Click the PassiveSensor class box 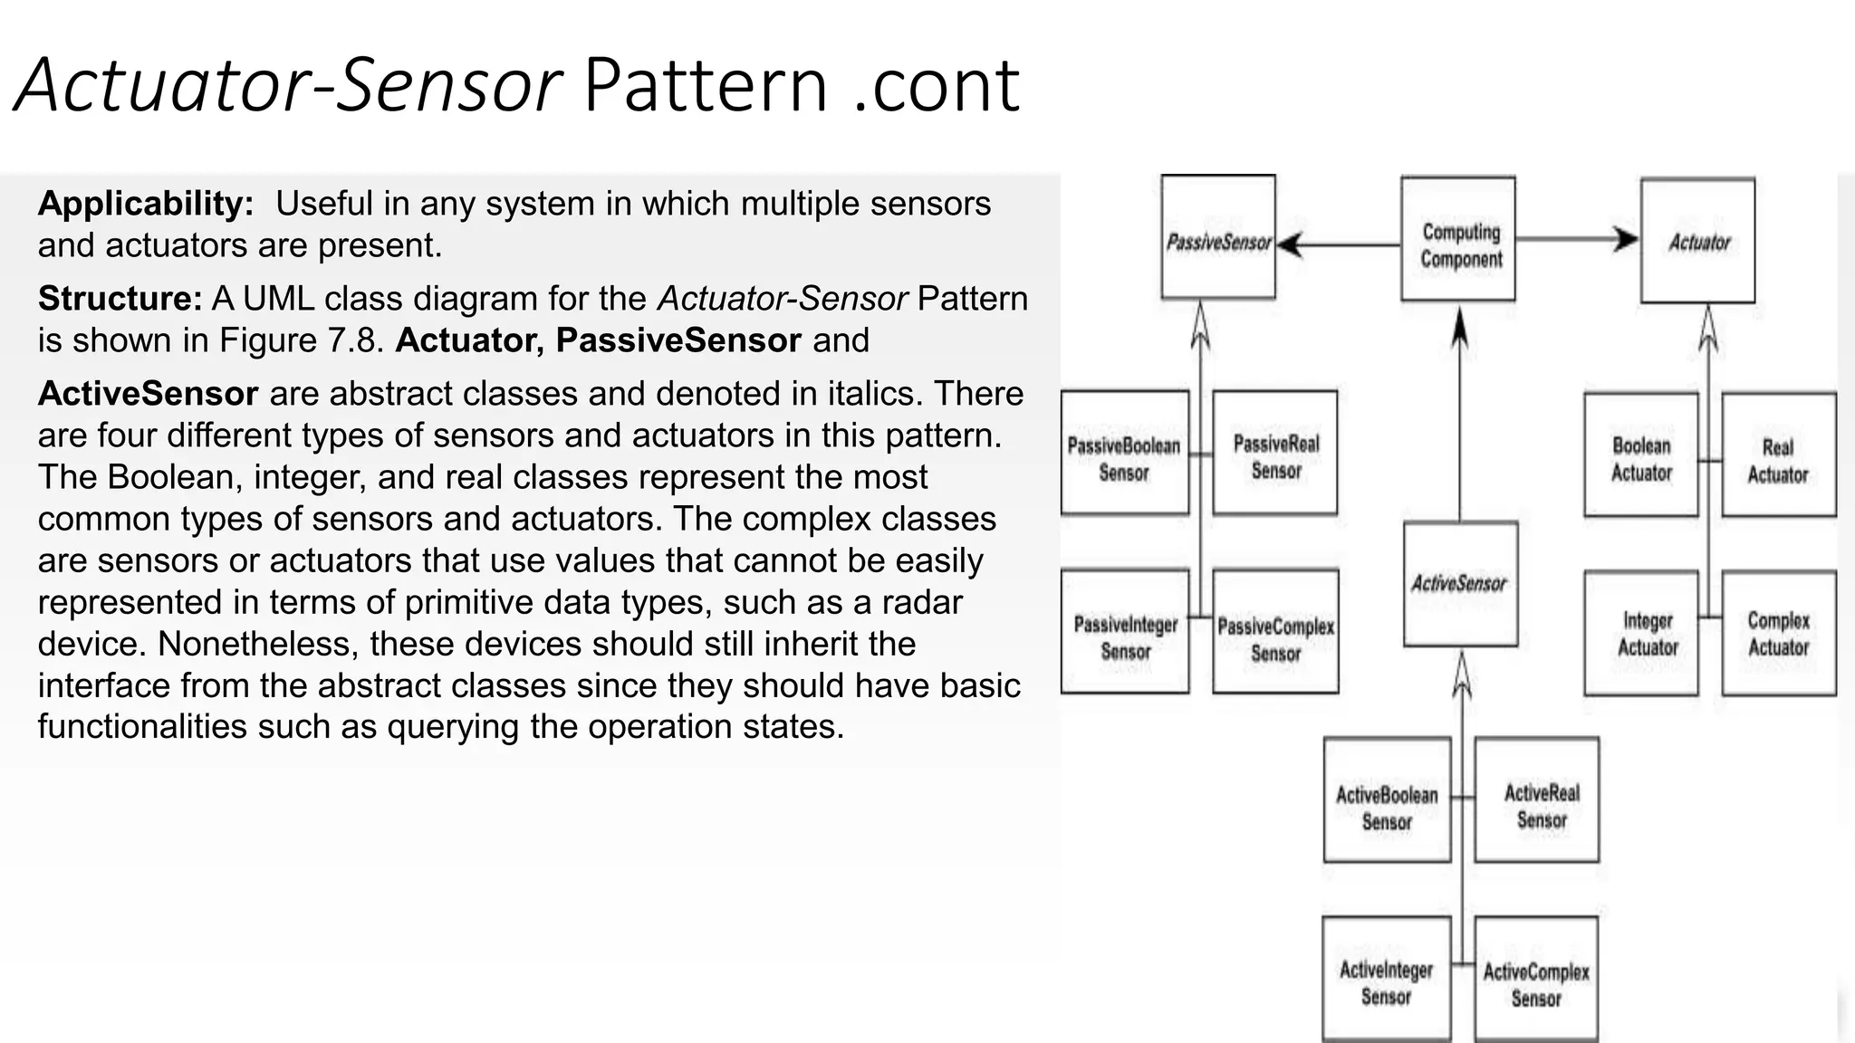(x=1218, y=237)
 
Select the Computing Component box (x=1457, y=239)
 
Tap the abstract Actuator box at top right (x=1697, y=241)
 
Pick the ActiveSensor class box (x=1460, y=584)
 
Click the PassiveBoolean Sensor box (x=1124, y=453)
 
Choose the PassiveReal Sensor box (x=1274, y=453)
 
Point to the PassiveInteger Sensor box (x=1124, y=631)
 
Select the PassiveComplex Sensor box (x=1275, y=631)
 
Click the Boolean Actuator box (x=1640, y=455)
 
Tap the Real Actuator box (x=1778, y=455)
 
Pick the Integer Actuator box (x=1640, y=633)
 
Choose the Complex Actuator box (x=1778, y=633)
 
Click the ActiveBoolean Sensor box (x=1387, y=799)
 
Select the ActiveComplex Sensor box (x=1535, y=979)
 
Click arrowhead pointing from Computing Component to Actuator (x=1627, y=240)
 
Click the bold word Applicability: (x=146, y=204)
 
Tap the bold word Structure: (x=120, y=299)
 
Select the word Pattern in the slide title (x=706, y=86)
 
